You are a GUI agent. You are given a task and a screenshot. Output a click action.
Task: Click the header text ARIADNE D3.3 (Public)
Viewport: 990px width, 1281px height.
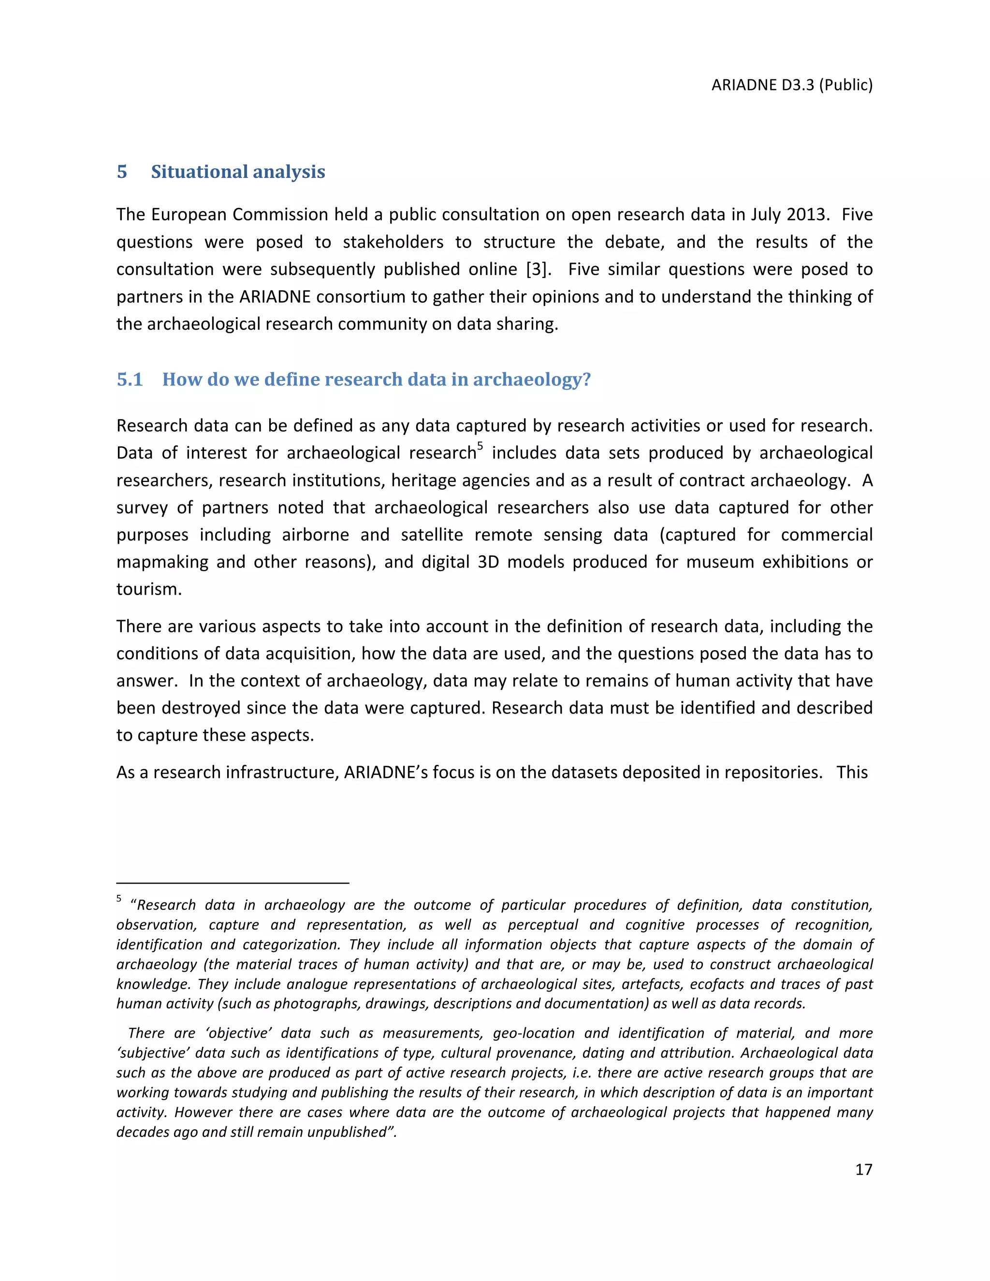(792, 85)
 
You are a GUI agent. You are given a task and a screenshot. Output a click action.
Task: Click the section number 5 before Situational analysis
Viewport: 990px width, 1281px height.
(122, 172)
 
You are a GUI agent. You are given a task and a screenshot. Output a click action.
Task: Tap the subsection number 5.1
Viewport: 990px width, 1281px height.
(130, 379)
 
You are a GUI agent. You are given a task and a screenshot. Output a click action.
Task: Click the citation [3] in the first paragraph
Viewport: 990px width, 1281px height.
(539, 269)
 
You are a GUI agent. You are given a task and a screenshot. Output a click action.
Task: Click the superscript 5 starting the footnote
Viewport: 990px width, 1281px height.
(119, 899)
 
